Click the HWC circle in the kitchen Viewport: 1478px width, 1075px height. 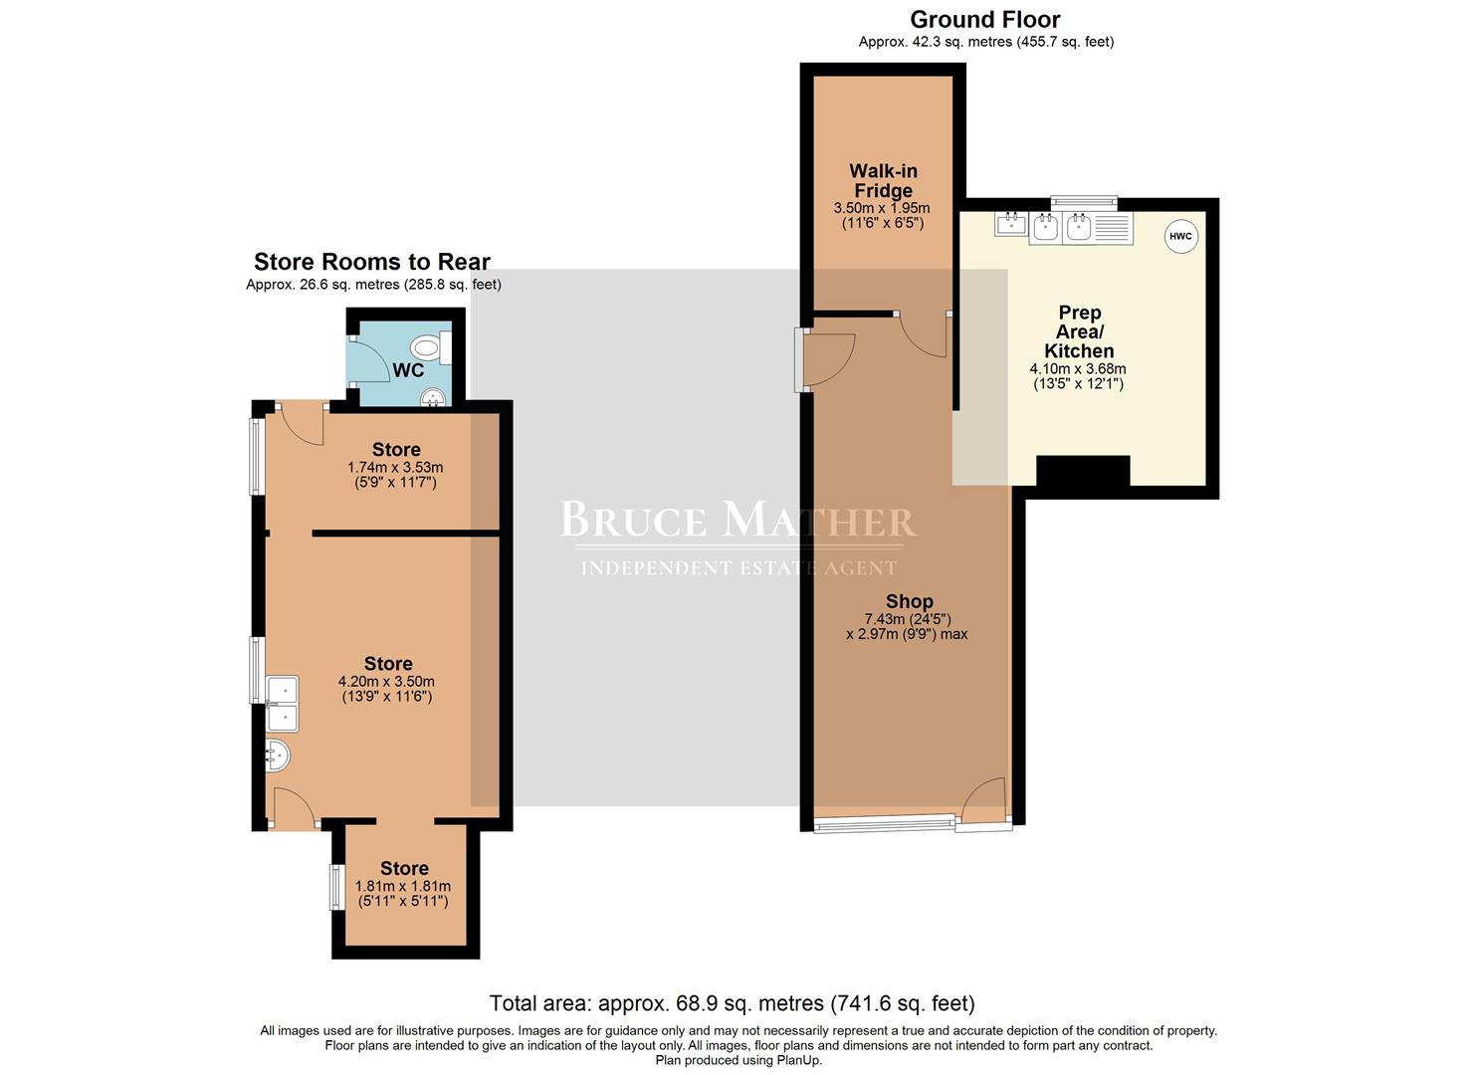pyautogui.click(x=1180, y=236)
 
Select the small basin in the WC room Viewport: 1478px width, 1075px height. pyautogui.click(x=434, y=397)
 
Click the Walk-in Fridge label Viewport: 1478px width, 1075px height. pyautogui.click(x=883, y=181)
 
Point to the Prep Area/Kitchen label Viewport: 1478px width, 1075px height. pyautogui.click(x=1080, y=331)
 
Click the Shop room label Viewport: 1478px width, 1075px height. pyautogui.click(x=910, y=601)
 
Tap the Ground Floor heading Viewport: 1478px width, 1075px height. pyautogui.click(x=985, y=19)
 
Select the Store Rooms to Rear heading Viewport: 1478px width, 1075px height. pyautogui.click(x=372, y=262)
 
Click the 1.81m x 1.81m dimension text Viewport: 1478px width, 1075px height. pyautogui.click(x=402, y=886)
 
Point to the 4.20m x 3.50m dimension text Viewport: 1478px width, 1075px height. pyautogui.click(x=386, y=681)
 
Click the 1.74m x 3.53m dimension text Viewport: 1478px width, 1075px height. pyautogui.click(x=395, y=467)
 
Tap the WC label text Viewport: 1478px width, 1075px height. pyautogui.click(x=408, y=370)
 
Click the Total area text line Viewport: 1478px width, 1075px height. pyautogui.click(x=732, y=1003)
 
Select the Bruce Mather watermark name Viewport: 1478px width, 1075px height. pyautogui.click(x=738, y=520)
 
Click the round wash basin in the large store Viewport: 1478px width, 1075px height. pyautogui.click(x=278, y=755)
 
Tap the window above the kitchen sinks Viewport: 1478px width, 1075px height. pyautogui.click(x=1084, y=203)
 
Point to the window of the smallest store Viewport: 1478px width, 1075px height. pyautogui.click(x=337, y=888)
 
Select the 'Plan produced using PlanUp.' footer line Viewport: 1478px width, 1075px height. pyautogui.click(x=739, y=1060)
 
